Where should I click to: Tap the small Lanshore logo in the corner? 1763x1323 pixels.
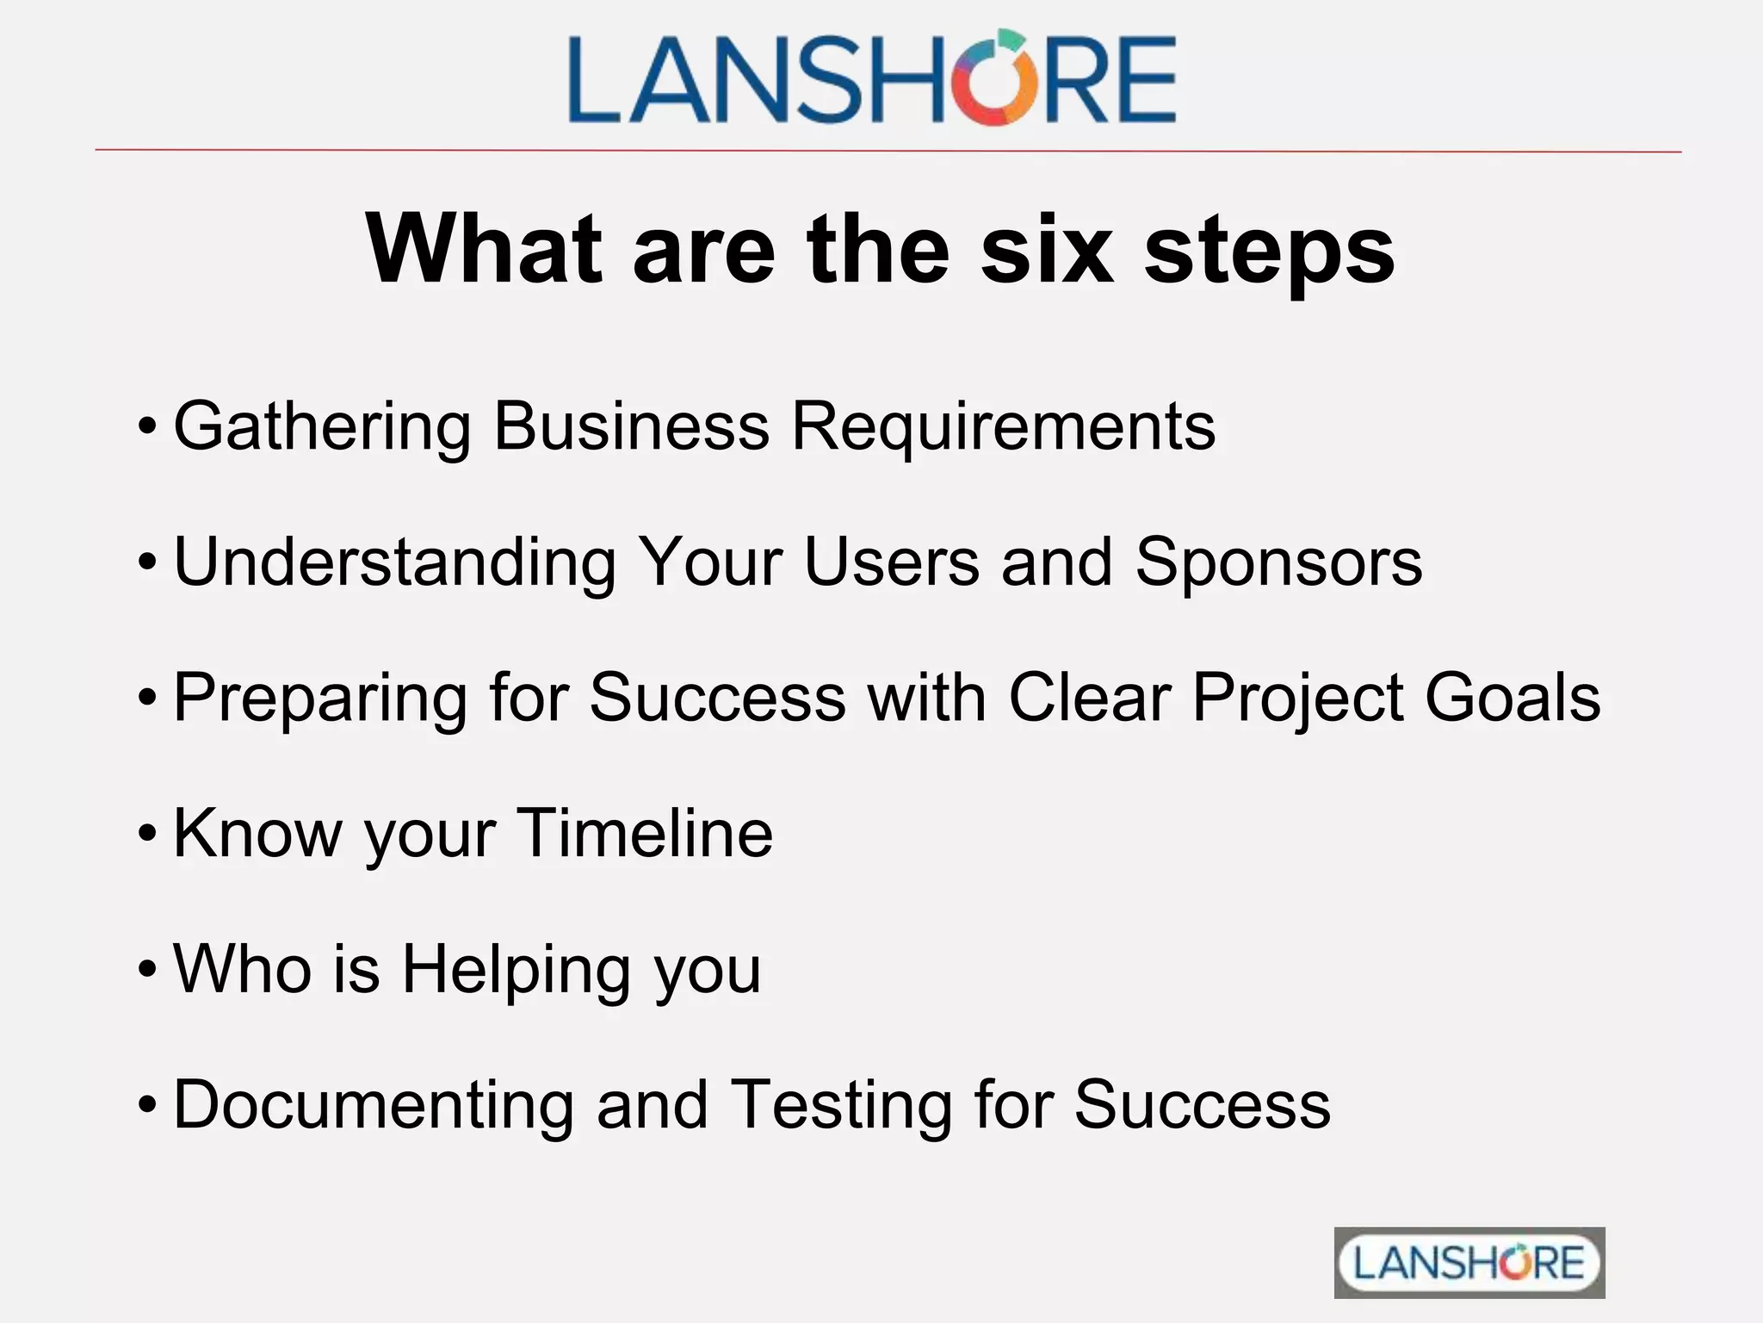point(1469,1263)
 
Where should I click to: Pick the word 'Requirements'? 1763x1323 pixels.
point(1003,425)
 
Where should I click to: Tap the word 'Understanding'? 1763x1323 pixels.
point(395,562)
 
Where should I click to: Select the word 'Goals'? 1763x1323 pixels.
point(1512,697)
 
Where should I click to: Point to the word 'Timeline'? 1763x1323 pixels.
point(645,833)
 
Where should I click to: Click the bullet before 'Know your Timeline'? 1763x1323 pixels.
point(147,834)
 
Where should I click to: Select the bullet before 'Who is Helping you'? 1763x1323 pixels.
point(147,969)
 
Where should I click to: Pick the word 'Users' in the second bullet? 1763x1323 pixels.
point(892,562)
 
